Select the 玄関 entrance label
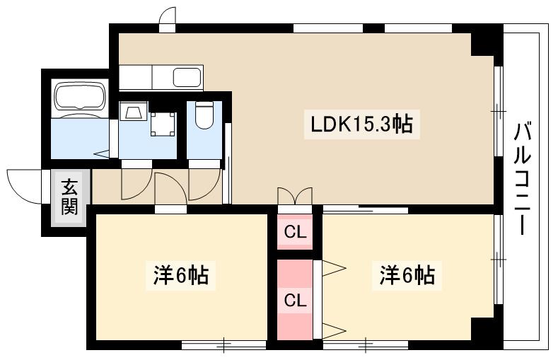pyautogui.click(x=69, y=197)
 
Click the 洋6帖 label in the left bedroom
pyautogui.click(x=180, y=274)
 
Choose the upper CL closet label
pyautogui.click(x=294, y=232)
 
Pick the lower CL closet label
pyautogui.click(x=294, y=300)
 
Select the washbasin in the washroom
pyautogui.click(x=134, y=111)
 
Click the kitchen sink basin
pyautogui.click(x=187, y=76)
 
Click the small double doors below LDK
pyautogui.click(x=294, y=196)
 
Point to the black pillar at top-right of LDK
pyautogui.click(x=486, y=43)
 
